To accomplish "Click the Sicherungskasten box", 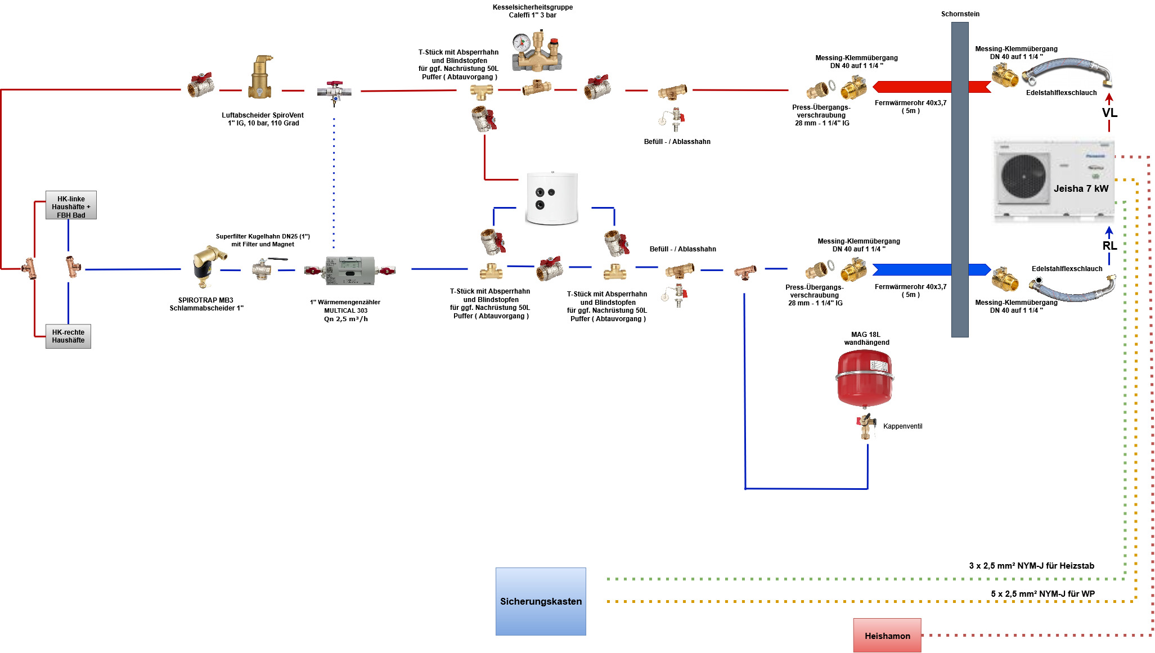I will pyautogui.click(x=541, y=601).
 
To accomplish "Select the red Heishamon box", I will pyautogui.click(x=887, y=636).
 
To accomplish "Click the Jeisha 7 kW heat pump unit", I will pyautogui.click(x=1054, y=180).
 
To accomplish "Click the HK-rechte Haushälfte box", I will pyautogui.click(x=68, y=336).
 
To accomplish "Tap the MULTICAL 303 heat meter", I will pyautogui.click(x=350, y=271).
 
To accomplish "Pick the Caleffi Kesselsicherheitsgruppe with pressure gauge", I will pyautogui.click(x=536, y=51).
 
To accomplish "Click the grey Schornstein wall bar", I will pyautogui.click(x=960, y=180).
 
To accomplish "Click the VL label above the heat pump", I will pyautogui.click(x=1109, y=113).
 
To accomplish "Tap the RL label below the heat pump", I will pyautogui.click(x=1109, y=246).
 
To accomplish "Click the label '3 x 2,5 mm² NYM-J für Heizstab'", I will pyautogui.click(x=1031, y=566).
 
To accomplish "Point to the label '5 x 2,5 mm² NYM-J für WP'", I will pyautogui.click(x=1042, y=594).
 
